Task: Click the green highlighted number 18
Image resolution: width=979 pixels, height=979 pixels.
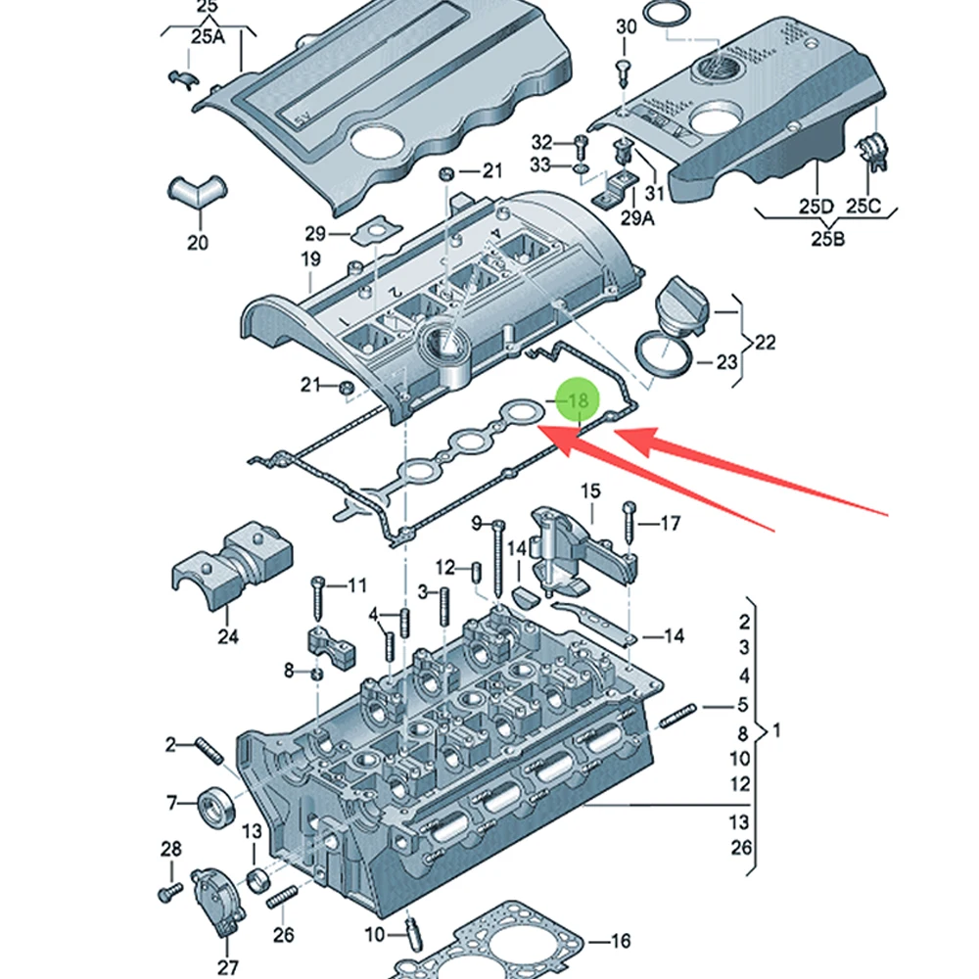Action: click(x=580, y=400)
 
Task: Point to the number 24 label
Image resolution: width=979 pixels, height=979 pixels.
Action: click(x=228, y=636)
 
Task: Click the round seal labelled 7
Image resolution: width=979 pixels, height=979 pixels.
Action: click(x=216, y=806)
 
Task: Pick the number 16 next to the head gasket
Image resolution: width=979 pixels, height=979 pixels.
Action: click(x=620, y=940)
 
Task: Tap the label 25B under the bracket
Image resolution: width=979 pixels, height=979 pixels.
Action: click(x=828, y=238)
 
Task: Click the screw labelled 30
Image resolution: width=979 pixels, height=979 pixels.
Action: click(x=623, y=73)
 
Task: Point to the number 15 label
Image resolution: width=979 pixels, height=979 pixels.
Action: click(x=590, y=490)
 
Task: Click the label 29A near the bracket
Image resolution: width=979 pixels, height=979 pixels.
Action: click(x=637, y=217)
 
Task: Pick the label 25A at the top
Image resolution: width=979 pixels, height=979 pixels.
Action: click(x=208, y=36)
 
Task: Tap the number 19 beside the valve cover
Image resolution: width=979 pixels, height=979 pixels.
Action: click(x=311, y=258)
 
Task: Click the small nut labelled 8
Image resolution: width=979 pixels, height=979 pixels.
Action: click(x=316, y=674)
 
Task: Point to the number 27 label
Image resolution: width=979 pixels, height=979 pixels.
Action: click(x=228, y=967)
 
